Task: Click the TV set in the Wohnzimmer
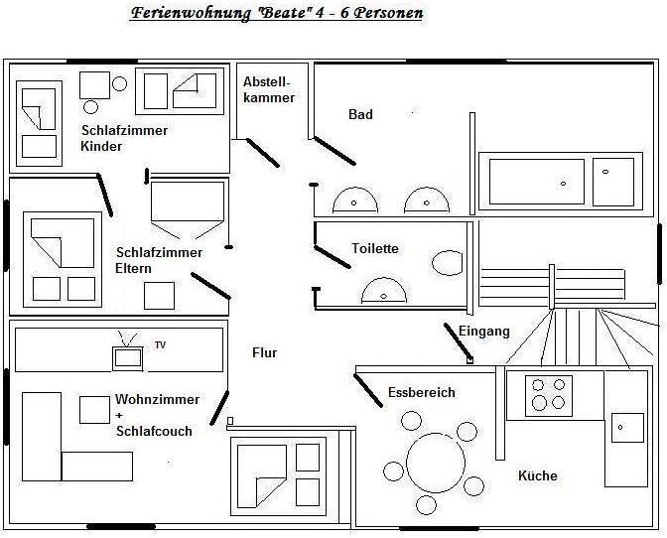(127, 356)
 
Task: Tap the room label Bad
(360, 115)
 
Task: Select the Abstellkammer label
(268, 90)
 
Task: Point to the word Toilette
(375, 249)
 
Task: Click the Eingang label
(484, 332)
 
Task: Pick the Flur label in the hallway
(265, 352)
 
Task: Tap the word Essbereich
(422, 392)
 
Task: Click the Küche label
(538, 476)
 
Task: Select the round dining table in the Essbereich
(434, 462)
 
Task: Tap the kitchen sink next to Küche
(625, 428)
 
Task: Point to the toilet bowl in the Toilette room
(449, 263)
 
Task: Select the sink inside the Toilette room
(384, 290)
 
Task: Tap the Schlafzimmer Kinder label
(124, 138)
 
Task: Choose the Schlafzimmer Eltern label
(159, 260)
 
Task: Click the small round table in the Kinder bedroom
(91, 106)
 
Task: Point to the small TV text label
(160, 345)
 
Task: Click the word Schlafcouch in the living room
(154, 431)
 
